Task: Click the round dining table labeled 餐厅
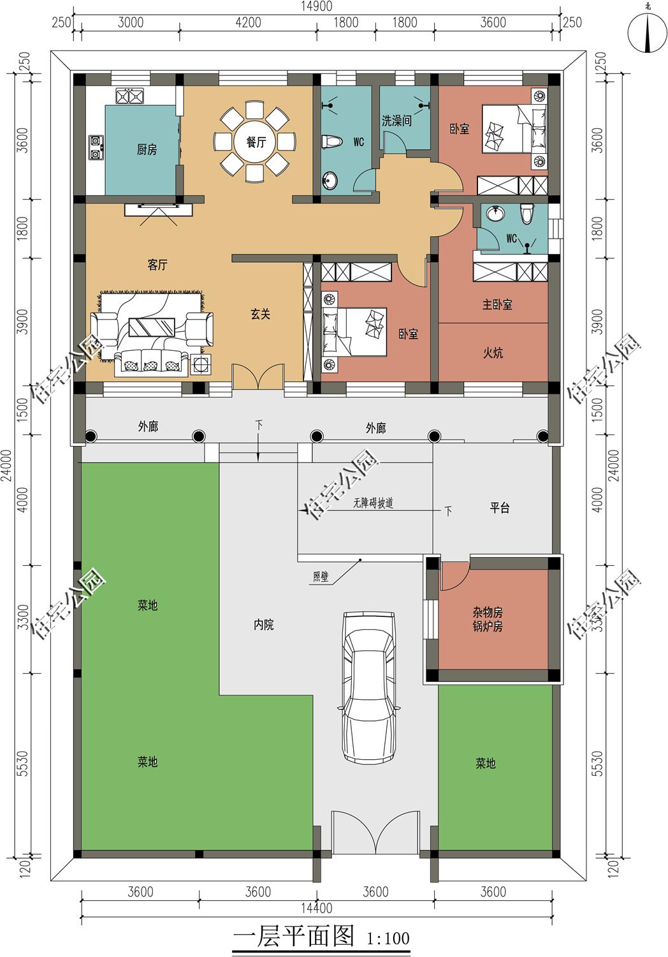tap(256, 142)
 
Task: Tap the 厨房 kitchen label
tap(147, 149)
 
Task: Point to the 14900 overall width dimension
tap(316, 6)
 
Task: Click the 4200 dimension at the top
tap(248, 22)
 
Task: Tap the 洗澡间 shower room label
tap(396, 121)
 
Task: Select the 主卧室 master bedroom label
tap(497, 304)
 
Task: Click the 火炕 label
tap(493, 352)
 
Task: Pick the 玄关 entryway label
tap(260, 315)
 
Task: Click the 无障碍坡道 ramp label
tap(373, 503)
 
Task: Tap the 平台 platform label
tap(499, 508)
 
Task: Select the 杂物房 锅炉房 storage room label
tap(488, 619)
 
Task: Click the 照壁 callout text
tap(321, 577)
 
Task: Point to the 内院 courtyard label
tap(263, 625)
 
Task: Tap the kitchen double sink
tap(129, 96)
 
